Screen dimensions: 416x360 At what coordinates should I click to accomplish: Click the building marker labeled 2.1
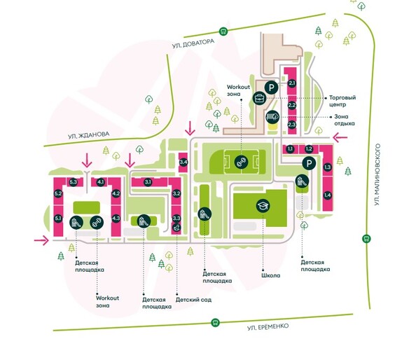pyautogui.click(x=292, y=83)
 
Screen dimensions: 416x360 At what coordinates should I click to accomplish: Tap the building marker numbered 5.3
pyautogui.click(x=74, y=182)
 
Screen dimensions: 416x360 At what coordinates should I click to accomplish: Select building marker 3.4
pyautogui.click(x=183, y=162)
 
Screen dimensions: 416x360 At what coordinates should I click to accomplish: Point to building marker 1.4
pyautogui.click(x=327, y=195)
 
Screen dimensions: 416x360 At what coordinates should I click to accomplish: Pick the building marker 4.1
pyautogui.click(x=101, y=182)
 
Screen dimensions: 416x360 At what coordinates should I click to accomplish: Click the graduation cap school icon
pyautogui.click(x=263, y=206)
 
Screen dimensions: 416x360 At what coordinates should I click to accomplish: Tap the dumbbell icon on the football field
pyautogui.click(x=241, y=162)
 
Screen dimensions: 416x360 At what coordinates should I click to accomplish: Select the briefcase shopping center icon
pyautogui.click(x=259, y=99)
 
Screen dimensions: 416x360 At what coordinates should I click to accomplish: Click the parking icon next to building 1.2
pyautogui.click(x=309, y=163)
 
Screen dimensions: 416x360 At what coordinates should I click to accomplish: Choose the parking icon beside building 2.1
pyautogui.click(x=271, y=88)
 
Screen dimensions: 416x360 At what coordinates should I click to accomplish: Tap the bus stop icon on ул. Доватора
pyautogui.click(x=223, y=32)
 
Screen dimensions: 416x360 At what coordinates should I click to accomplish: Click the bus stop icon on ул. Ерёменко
pyautogui.click(x=215, y=323)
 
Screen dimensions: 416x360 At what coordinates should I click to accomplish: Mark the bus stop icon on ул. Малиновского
pyautogui.click(x=367, y=239)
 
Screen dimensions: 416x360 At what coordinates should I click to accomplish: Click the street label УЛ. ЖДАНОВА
pyautogui.click(x=89, y=135)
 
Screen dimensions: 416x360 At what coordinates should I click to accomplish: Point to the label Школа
pyautogui.click(x=270, y=275)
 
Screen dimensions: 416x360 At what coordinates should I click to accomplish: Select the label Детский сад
pyautogui.click(x=193, y=300)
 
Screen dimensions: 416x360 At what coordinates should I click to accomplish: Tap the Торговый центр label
pyautogui.click(x=342, y=101)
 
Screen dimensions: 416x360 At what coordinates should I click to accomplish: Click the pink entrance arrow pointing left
pyautogui.click(x=340, y=137)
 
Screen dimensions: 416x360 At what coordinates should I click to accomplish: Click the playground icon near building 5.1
pyautogui.click(x=76, y=223)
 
